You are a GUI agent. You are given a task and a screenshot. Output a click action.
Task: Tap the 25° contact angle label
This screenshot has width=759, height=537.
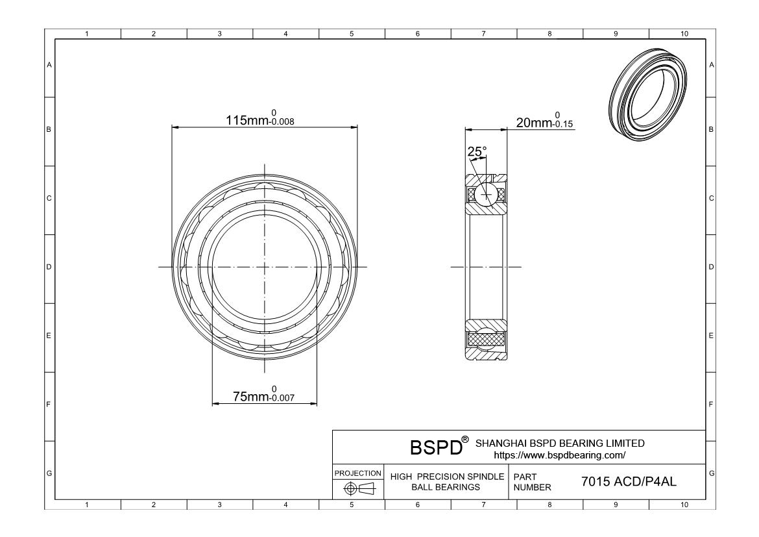pyautogui.click(x=477, y=152)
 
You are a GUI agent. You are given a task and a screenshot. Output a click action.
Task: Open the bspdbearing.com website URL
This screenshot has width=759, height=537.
pyautogui.click(x=560, y=455)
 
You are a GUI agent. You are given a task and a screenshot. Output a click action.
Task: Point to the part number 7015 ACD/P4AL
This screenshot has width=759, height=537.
pyautogui.click(x=629, y=481)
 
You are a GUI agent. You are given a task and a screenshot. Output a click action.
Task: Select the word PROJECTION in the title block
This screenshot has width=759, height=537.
pyautogui.click(x=358, y=473)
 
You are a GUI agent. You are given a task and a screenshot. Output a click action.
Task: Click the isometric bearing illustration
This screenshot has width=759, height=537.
pyautogui.click(x=647, y=95)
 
